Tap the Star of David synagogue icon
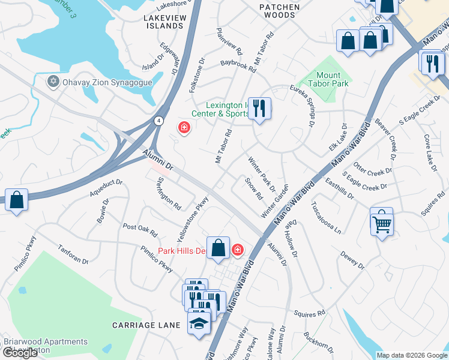(53, 81)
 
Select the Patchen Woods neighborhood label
(279, 10)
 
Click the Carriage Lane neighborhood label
(146, 325)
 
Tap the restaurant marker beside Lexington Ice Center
(259, 109)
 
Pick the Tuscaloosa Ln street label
(326, 217)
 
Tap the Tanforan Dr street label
(73, 254)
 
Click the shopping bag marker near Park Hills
(218, 248)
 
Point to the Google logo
(20, 353)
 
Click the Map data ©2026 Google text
(412, 355)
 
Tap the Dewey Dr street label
(352, 260)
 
